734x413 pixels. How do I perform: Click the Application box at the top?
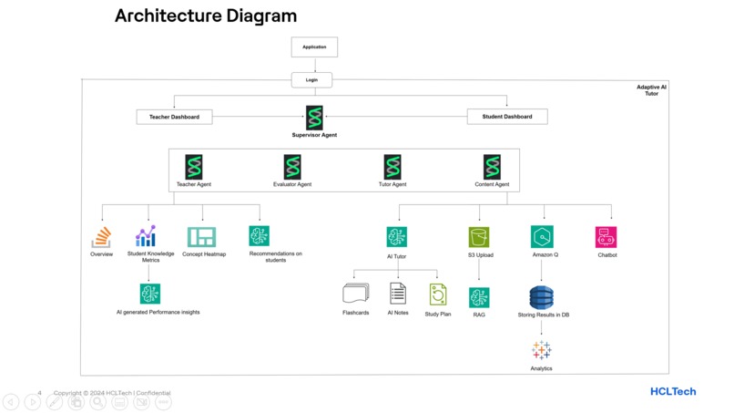(x=314, y=46)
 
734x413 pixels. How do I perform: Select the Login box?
(x=311, y=80)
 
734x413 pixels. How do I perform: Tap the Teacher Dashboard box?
(x=174, y=117)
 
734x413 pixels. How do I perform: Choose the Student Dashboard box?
(x=506, y=117)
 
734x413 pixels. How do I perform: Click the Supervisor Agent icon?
(x=314, y=117)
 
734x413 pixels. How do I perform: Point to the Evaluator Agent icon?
(x=292, y=167)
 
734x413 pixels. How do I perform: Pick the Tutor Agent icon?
(x=392, y=167)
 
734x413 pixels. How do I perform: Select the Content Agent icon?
(x=492, y=167)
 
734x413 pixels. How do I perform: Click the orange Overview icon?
(x=101, y=238)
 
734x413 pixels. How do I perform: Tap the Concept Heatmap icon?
(x=201, y=237)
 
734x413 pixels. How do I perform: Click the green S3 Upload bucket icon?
(x=479, y=237)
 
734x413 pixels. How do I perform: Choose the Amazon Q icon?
(x=543, y=237)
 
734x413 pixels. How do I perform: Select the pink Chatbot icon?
(x=607, y=237)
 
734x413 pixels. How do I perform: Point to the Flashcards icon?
(x=355, y=294)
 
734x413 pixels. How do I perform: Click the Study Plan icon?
(x=438, y=294)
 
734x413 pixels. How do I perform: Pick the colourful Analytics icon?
(x=541, y=351)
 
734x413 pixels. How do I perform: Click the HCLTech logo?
(x=673, y=391)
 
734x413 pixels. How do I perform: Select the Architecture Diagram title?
(x=206, y=15)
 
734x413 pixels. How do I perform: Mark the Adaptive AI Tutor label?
(x=651, y=90)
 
